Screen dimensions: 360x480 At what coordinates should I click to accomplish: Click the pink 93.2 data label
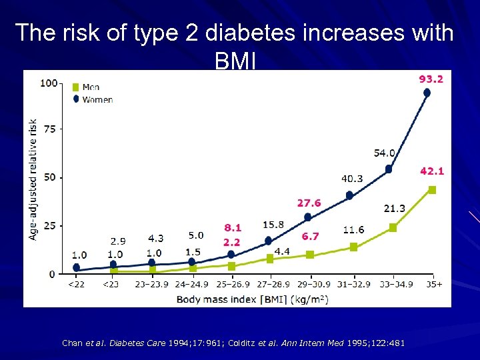431,79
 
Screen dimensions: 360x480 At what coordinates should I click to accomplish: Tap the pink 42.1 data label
432,171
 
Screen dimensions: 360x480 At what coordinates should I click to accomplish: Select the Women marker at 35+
427,93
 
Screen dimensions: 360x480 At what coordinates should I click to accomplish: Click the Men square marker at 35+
432,190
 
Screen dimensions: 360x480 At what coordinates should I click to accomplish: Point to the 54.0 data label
385,153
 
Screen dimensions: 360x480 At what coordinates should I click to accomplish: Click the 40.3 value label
352,179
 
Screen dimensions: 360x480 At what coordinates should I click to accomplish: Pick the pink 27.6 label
309,203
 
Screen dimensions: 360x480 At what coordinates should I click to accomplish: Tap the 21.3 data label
394,209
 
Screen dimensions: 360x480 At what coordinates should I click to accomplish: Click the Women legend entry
97,99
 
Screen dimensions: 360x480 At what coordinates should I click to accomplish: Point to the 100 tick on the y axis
48,83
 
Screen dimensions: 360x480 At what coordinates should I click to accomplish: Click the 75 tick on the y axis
51,129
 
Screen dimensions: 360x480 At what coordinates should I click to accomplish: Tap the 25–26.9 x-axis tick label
231,284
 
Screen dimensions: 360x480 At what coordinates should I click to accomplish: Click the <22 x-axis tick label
75,284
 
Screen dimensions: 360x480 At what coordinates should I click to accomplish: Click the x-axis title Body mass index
252,299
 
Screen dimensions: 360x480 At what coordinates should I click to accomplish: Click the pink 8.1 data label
233,227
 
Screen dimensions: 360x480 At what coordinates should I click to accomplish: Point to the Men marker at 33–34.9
393,228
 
